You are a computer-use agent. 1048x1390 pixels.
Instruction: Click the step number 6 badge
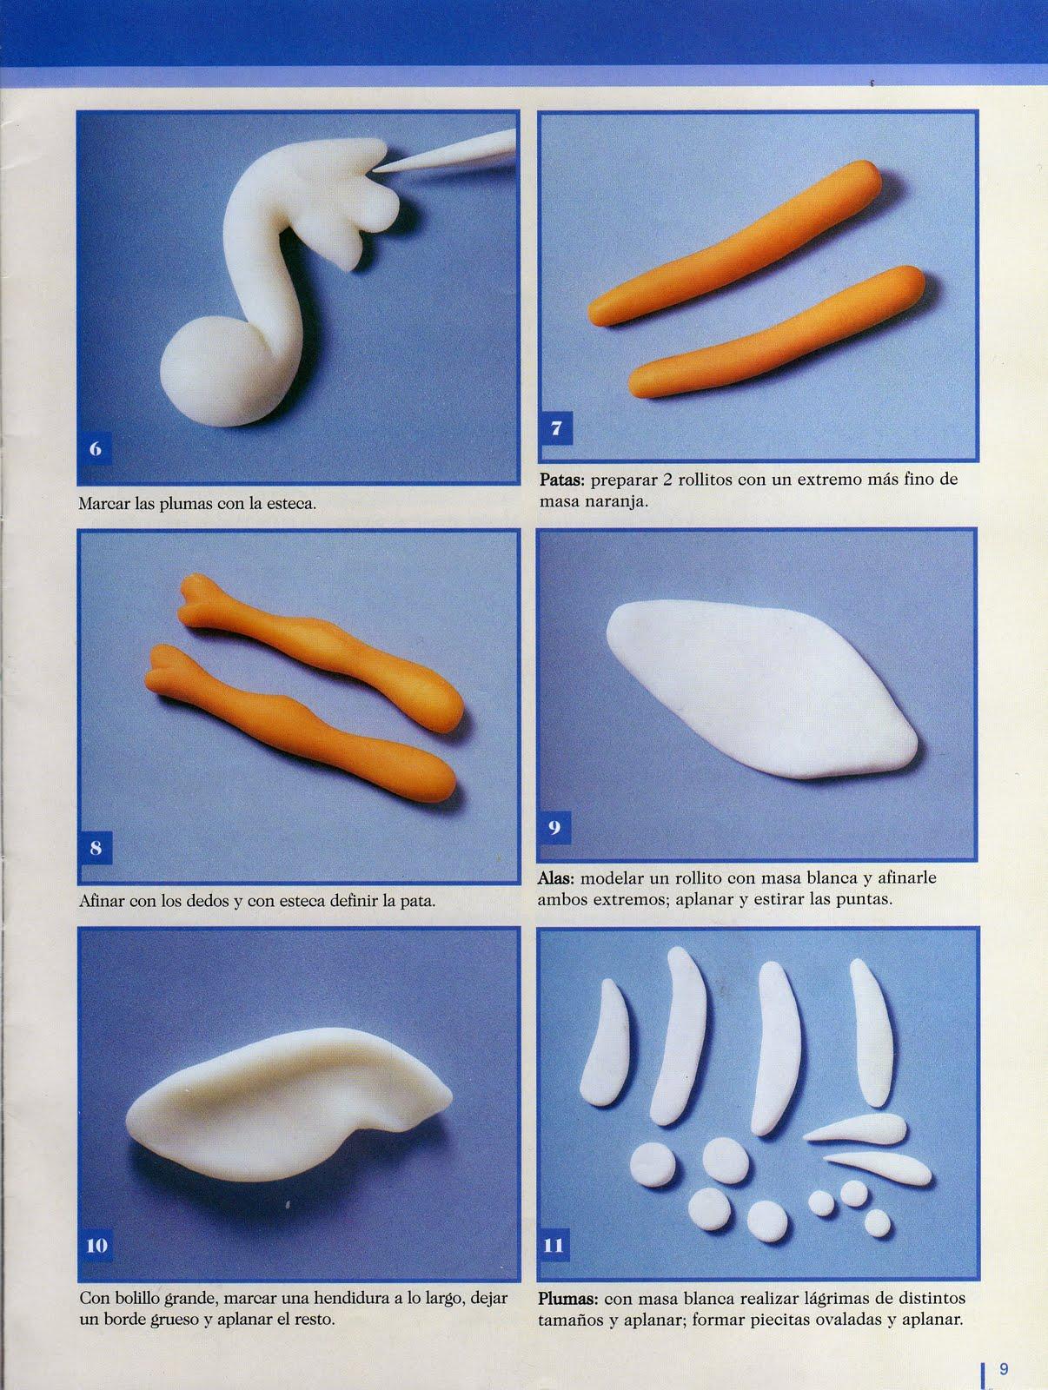(x=96, y=449)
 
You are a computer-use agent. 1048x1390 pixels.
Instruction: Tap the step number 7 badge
(x=557, y=428)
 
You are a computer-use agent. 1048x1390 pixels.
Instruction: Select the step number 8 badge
(x=96, y=848)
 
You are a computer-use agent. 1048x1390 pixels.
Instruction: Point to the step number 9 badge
(x=555, y=828)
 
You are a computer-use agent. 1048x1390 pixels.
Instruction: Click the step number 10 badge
(x=96, y=1246)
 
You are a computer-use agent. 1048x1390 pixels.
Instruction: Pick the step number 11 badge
(x=554, y=1246)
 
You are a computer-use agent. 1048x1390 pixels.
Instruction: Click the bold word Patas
(x=562, y=480)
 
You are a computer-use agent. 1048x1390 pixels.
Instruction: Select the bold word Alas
(x=556, y=879)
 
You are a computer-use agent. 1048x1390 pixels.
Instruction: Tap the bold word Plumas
(x=568, y=1299)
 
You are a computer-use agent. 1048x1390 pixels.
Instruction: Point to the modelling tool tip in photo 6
(x=375, y=169)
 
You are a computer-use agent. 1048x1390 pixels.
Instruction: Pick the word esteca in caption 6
(x=290, y=504)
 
